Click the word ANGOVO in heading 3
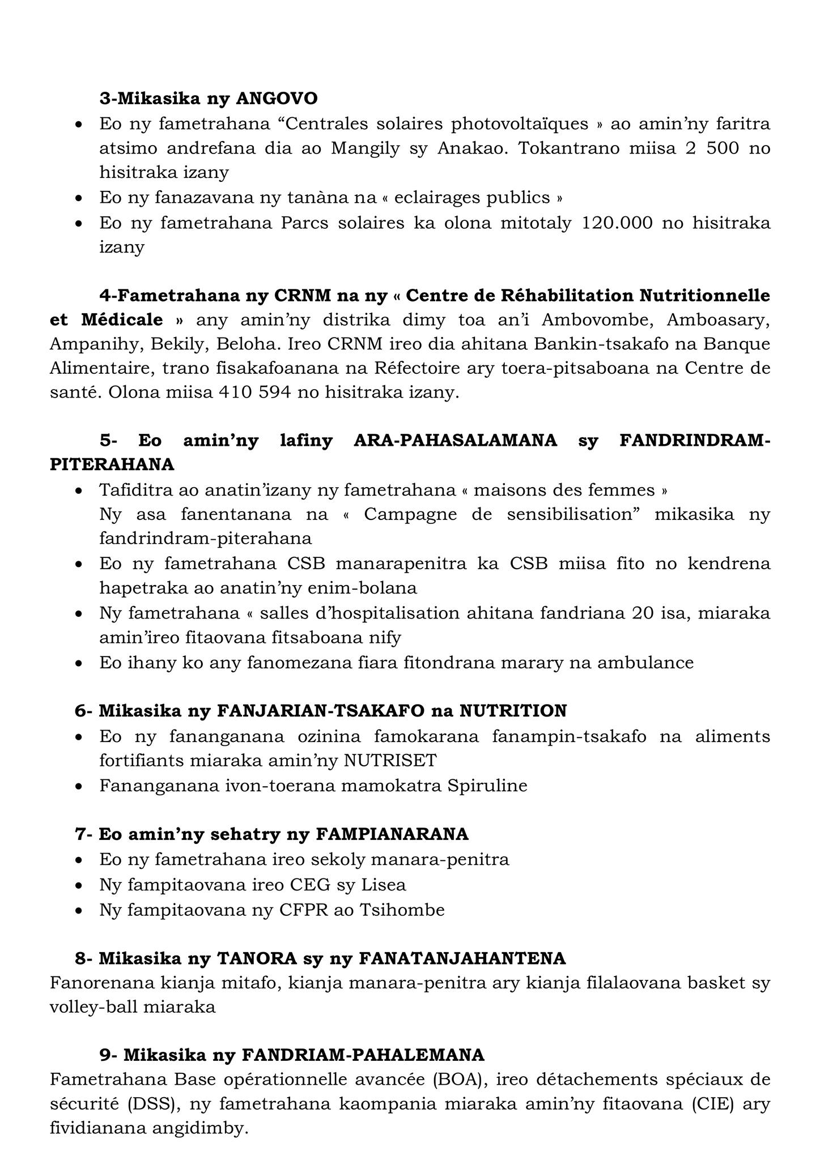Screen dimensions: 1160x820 277,99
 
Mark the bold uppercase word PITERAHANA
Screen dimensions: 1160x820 112,464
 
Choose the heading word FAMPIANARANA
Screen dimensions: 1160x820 392,834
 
